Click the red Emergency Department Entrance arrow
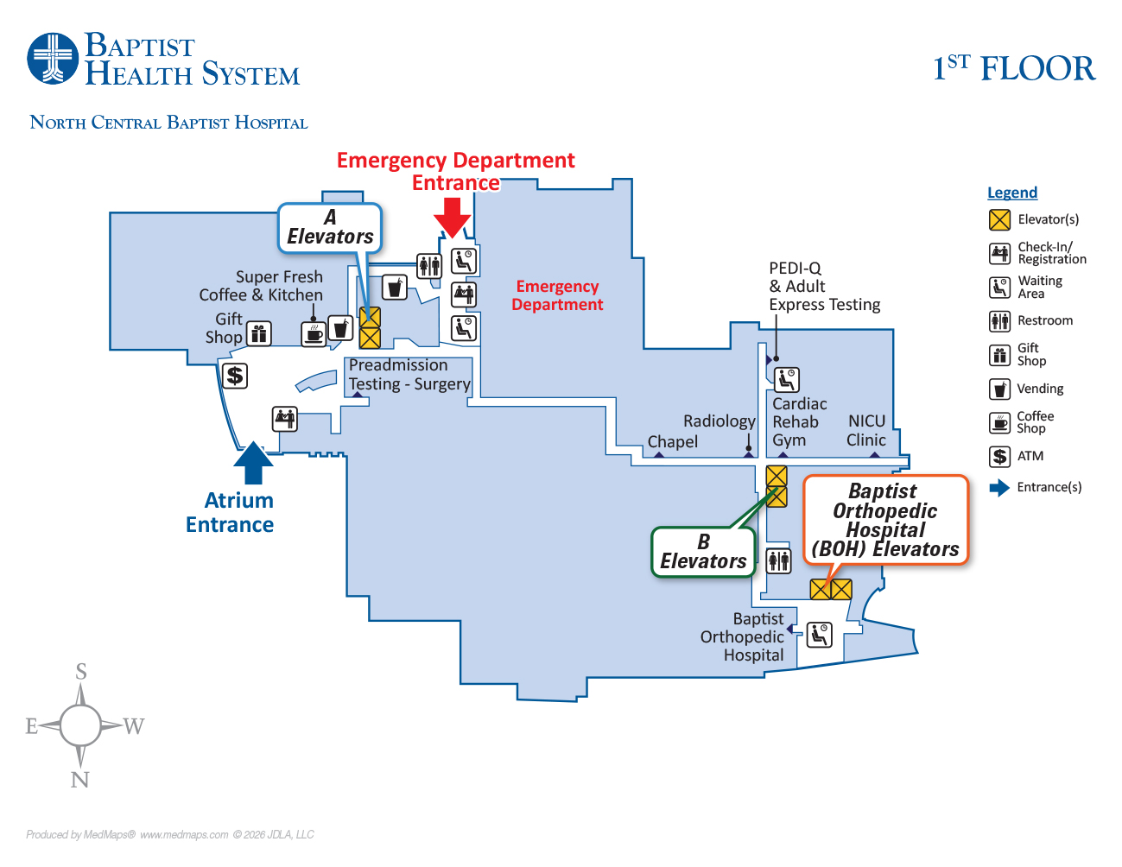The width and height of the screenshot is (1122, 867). tap(452, 216)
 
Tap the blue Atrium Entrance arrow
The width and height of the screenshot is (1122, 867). tap(253, 463)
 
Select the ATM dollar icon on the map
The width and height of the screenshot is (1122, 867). tap(235, 376)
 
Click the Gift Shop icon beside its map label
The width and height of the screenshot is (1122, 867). tap(259, 333)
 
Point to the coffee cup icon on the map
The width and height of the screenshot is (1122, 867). tap(314, 333)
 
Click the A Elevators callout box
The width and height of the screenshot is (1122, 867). tap(330, 228)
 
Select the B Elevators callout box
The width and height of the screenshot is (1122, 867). tap(703, 552)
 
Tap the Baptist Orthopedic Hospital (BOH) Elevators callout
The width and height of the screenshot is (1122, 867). tap(885, 520)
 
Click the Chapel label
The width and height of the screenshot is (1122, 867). tap(672, 441)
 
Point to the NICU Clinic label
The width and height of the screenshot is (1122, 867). tap(866, 430)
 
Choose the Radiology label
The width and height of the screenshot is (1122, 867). tap(719, 421)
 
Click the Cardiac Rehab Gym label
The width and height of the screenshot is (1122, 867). tap(798, 421)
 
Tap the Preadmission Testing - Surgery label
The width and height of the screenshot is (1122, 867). tap(409, 375)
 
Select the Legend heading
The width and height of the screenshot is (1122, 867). tap(1012, 193)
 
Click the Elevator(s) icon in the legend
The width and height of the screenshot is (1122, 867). tap(999, 219)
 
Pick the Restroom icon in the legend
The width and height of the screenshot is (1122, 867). tap(999, 321)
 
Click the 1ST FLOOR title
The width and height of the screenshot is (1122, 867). tap(1014, 68)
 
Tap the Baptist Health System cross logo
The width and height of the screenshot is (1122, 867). tap(53, 59)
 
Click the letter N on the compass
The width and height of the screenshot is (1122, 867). tap(79, 780)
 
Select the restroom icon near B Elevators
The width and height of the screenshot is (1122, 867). tap(779, 560)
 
